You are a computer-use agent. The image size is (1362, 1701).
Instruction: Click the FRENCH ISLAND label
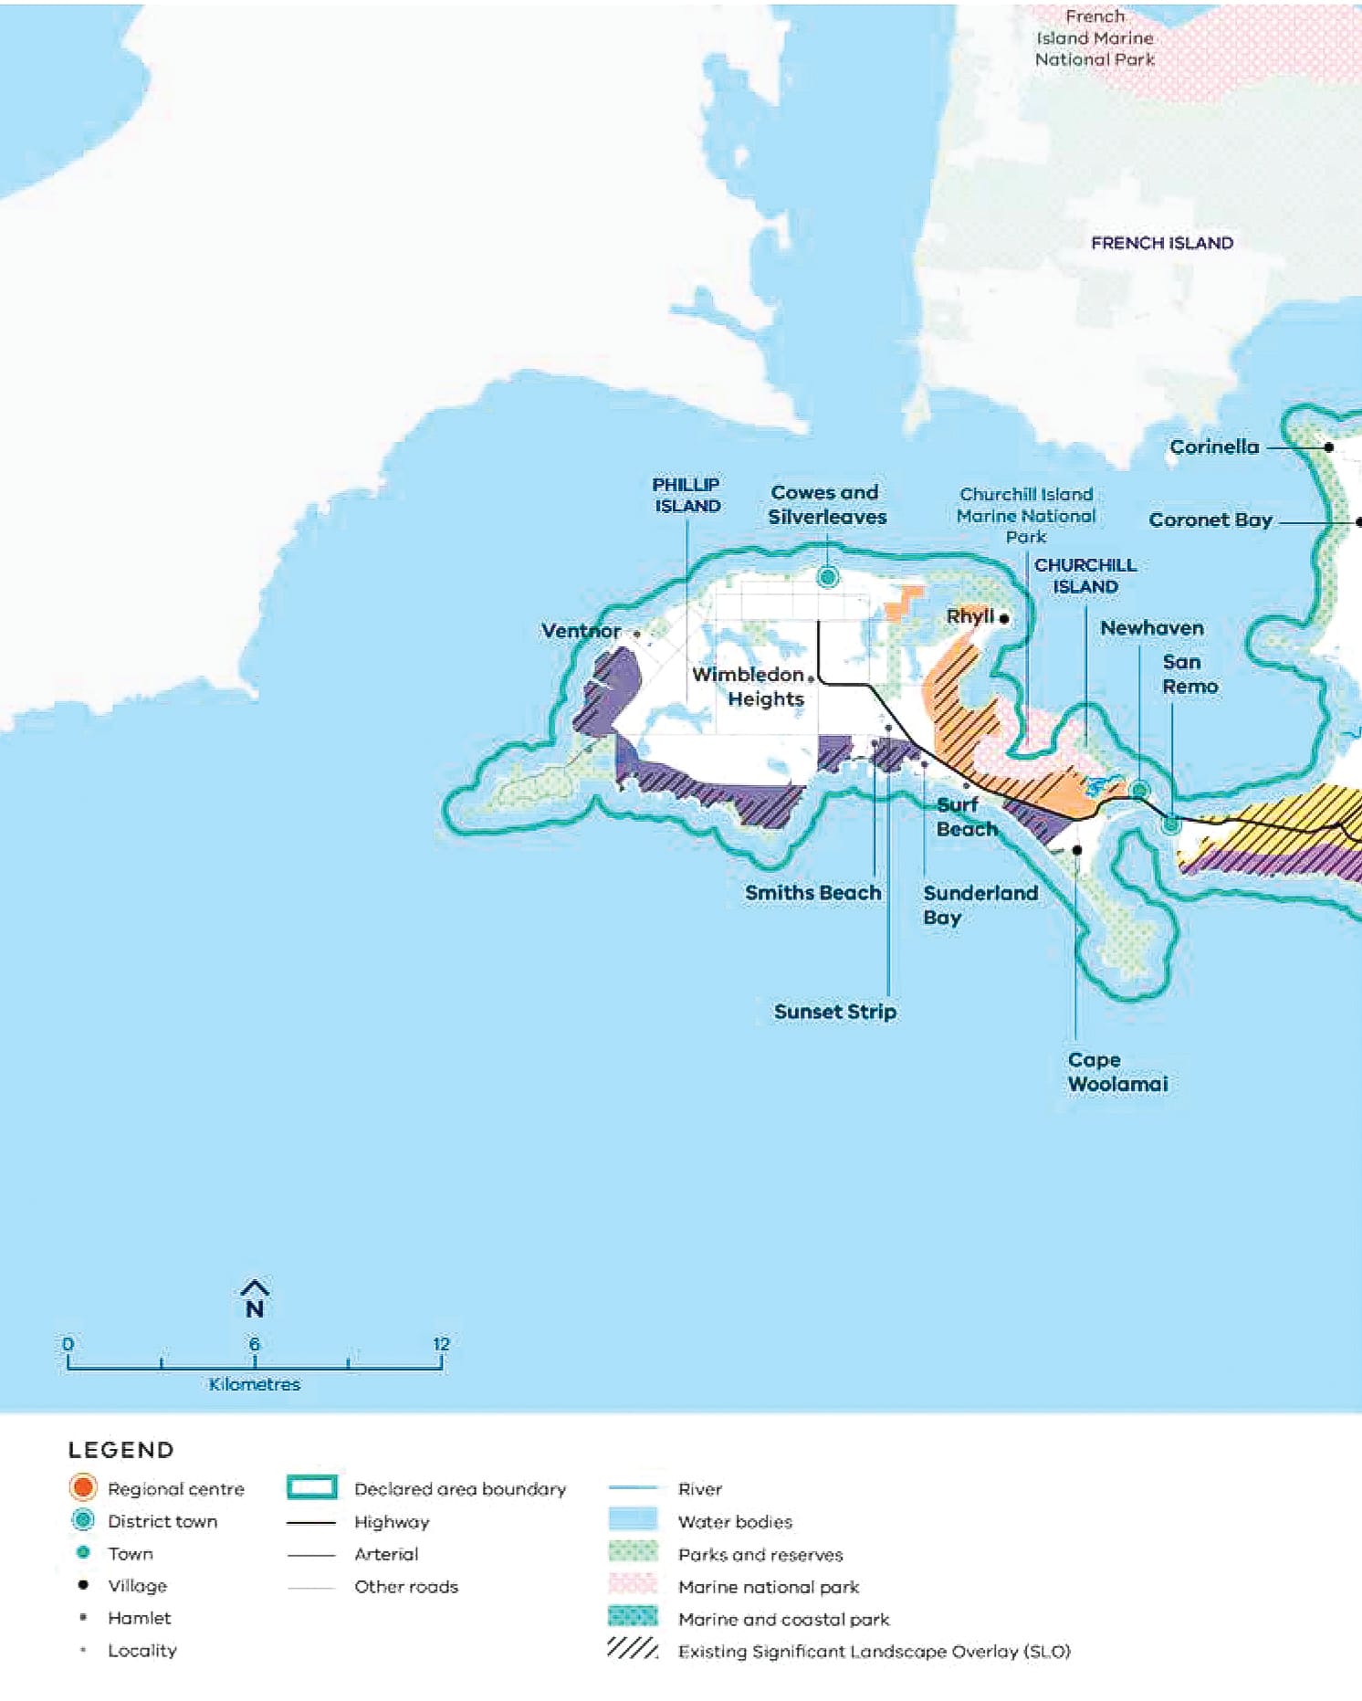[1161, 243]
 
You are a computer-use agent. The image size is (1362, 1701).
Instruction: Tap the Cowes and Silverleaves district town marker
[827, 577]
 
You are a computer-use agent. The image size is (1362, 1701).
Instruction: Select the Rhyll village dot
[1004, 619]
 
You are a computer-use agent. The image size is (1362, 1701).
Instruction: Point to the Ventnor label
[581, 631]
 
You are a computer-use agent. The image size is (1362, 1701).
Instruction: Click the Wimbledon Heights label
[749, 687]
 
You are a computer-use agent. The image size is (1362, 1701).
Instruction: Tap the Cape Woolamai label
[1116, 1072]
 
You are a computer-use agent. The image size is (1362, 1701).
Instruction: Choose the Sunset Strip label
[834, 1012]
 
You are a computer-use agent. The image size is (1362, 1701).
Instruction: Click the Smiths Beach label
[812, 893]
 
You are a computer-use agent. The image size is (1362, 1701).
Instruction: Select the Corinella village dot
[1329, 447]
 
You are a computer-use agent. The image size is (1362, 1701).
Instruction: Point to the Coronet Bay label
[1210, 520]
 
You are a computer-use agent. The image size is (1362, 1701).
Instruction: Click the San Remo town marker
[1170, 824]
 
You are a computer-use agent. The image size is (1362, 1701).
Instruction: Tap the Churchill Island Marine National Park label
[1025, 516]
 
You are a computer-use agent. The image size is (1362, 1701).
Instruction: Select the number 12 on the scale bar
[441, 1344]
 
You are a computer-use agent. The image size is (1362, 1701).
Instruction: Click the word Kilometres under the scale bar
[254, 1384]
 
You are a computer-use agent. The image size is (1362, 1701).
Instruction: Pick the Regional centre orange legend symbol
[82, 1488]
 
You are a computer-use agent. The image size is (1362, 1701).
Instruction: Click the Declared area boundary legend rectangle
[312, 1487]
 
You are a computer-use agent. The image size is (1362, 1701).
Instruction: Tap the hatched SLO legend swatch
[632, 1649]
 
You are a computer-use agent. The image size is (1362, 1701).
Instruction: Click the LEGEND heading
[120, 1450]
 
